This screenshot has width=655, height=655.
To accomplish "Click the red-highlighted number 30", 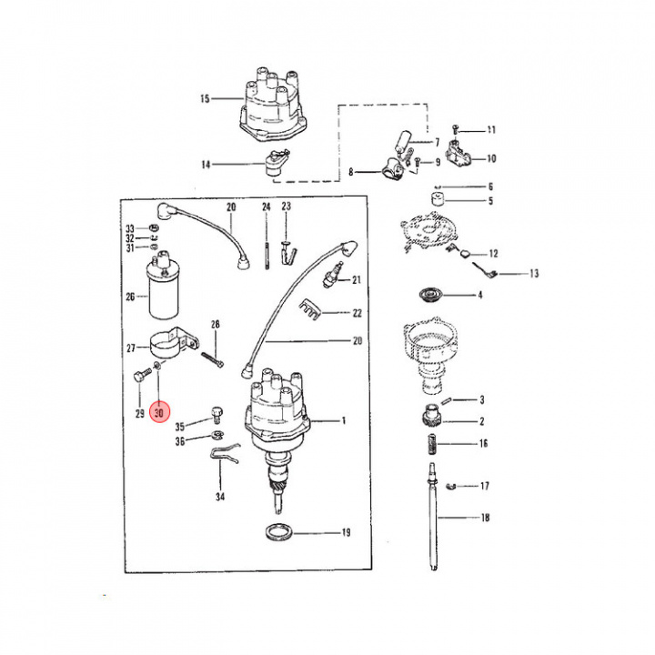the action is click(159, 413).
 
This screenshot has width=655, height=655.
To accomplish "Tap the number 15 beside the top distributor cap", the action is click(205, 99).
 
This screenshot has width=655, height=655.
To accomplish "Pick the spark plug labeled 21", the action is click(332, 275).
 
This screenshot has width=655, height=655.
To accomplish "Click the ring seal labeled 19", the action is click(279, 532).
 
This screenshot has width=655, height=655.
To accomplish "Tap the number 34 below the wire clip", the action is click(220, 497).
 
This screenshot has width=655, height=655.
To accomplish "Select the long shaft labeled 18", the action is click(433, 517).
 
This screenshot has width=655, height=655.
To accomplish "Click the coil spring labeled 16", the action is click(432, 445).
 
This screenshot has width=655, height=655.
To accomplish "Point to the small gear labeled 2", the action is click(431, 415).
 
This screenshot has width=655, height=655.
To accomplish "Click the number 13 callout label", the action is click(534, 274).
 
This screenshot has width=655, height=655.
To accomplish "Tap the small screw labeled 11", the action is click(456, 129).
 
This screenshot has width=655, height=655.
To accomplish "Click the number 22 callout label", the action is click(358, 313).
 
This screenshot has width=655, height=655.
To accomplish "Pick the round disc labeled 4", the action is click(431, 295).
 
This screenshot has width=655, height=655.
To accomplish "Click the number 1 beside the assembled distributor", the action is click(344, 420).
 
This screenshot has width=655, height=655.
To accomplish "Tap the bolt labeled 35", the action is click(217, 415).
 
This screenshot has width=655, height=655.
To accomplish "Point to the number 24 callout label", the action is click(267, 207).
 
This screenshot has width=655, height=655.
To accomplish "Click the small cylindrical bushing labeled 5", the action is click(438, 199).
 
